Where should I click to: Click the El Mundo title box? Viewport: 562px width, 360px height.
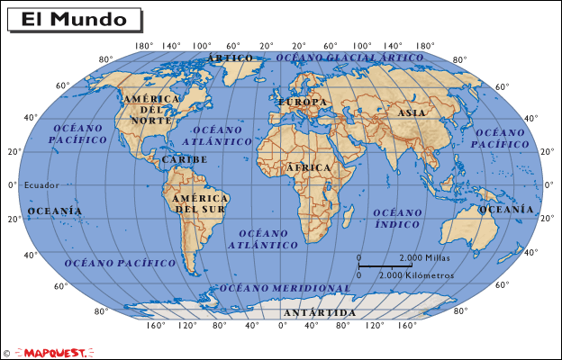[x=74, y=19]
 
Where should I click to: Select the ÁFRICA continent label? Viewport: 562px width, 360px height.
[x=308, y=168]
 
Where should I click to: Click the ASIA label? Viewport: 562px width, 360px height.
[x=412, y=113]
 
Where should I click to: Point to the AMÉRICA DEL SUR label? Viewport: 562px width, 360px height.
[x=199, y=203]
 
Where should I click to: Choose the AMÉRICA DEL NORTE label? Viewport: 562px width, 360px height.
[x=150, y=109]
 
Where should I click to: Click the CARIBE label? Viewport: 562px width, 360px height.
[x=185, y=159]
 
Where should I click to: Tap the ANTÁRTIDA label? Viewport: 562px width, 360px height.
[x=319, y=312]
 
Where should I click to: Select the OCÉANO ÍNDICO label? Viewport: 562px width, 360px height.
[x=397, y=218]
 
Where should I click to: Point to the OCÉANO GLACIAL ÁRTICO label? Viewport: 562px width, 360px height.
[x=349, y=57]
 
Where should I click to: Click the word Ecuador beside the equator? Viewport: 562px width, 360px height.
[x=41, y=185]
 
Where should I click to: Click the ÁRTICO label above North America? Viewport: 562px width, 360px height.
[x=230, y=58]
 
